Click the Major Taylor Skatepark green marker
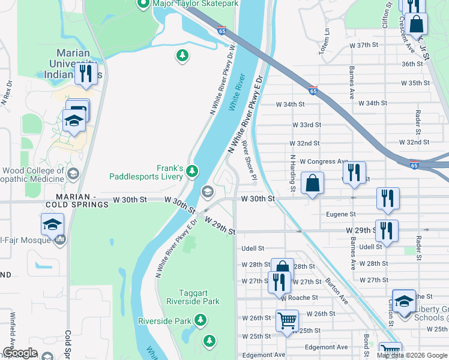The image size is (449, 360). [x=143, y=4]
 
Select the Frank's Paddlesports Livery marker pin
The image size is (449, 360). [x=192, y=172]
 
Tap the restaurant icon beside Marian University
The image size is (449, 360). [x=86, y=73]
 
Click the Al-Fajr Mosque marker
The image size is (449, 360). [x=59, y=240]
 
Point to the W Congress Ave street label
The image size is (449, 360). [x=324, y=161]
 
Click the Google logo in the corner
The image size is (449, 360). [x=20, y=353]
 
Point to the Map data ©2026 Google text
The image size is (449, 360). [x=412, y=355]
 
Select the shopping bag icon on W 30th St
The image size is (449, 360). [x=312, y=182]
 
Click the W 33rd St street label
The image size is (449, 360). [x=307, y=125]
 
